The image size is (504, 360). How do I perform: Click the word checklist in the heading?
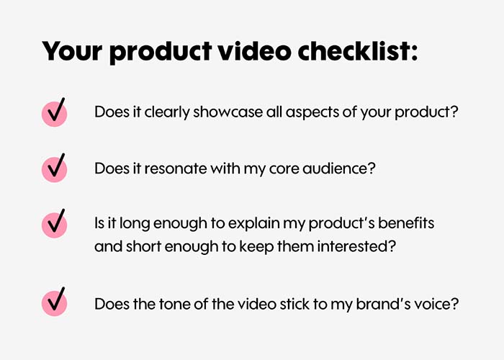357,51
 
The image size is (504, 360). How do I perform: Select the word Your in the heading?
72,51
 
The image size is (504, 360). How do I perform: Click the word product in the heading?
161,53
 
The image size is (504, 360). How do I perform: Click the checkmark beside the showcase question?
55,112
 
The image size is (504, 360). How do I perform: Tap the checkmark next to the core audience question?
55,168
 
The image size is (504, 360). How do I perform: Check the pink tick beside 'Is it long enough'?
55,223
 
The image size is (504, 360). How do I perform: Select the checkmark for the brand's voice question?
55,302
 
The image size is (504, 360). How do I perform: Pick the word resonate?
176,168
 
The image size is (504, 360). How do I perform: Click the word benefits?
406,222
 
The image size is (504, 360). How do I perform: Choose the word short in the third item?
143,246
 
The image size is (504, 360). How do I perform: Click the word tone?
174,304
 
